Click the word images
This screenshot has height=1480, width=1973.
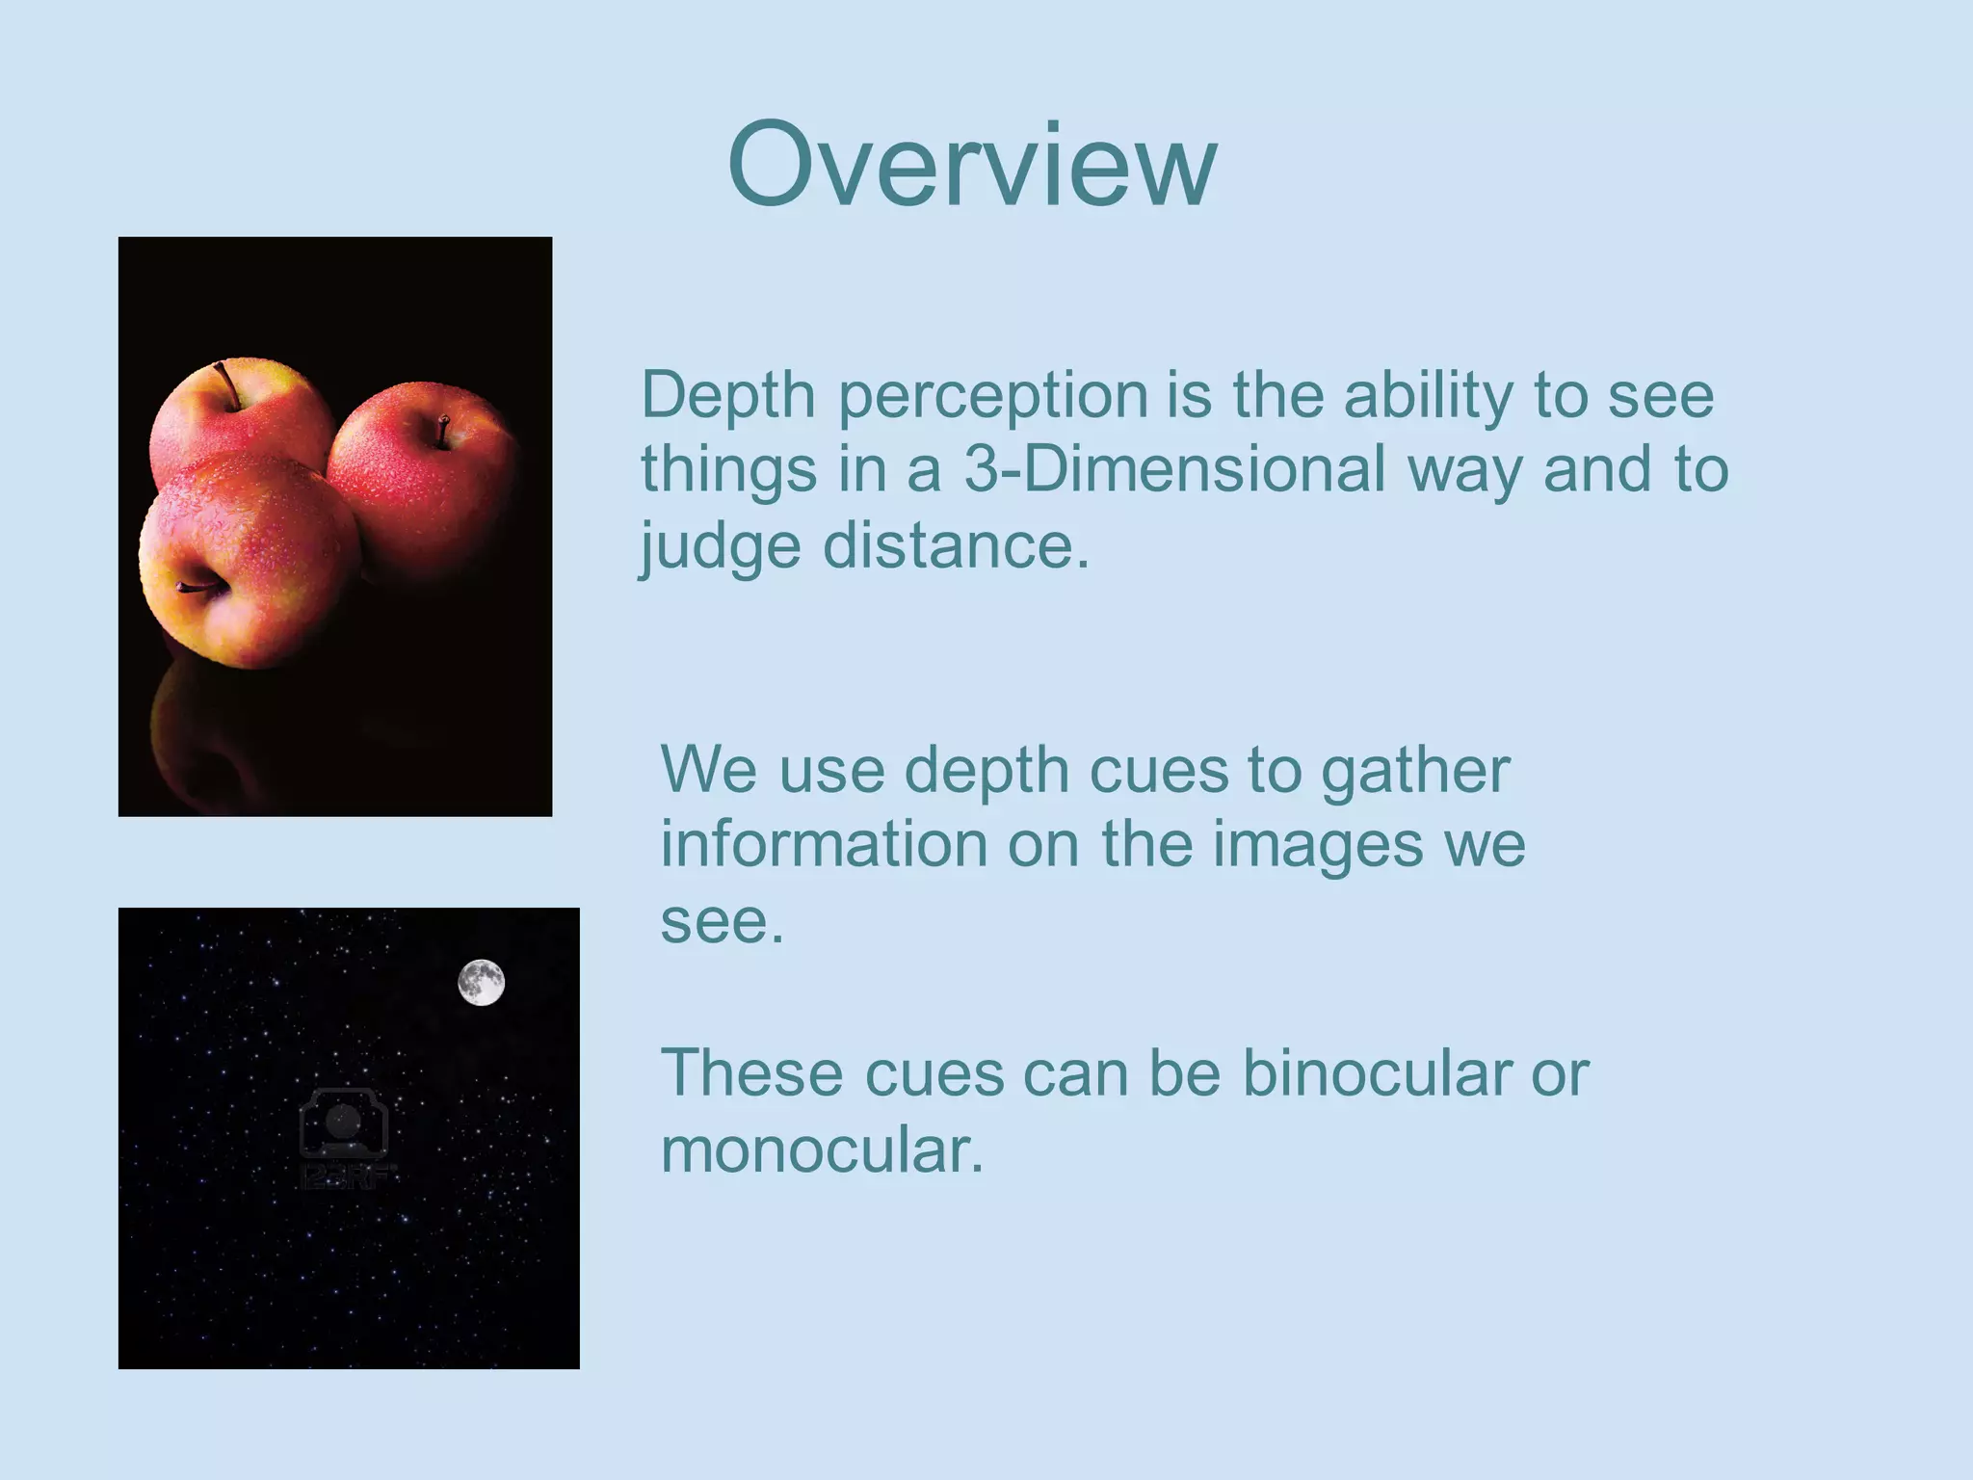click(x=1317, y=846)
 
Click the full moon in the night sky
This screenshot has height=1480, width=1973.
click(x=481, y=983)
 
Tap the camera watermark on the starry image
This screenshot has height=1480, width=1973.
click(x=344, y=1127)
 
